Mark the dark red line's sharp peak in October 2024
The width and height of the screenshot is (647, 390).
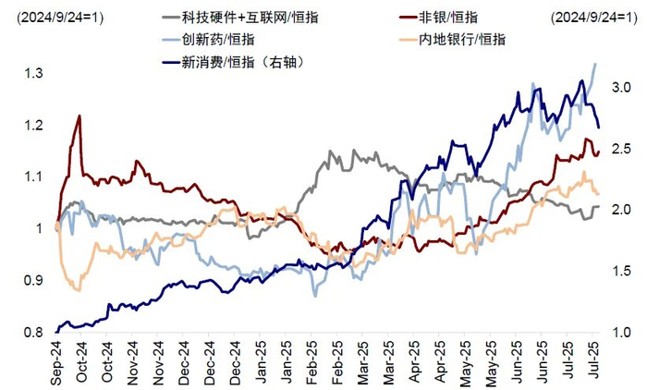point(79,116)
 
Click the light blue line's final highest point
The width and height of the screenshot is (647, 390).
point(595,63)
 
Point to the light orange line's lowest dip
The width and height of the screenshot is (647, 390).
point(78,290)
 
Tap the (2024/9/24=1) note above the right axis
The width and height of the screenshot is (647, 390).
point(593,17)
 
